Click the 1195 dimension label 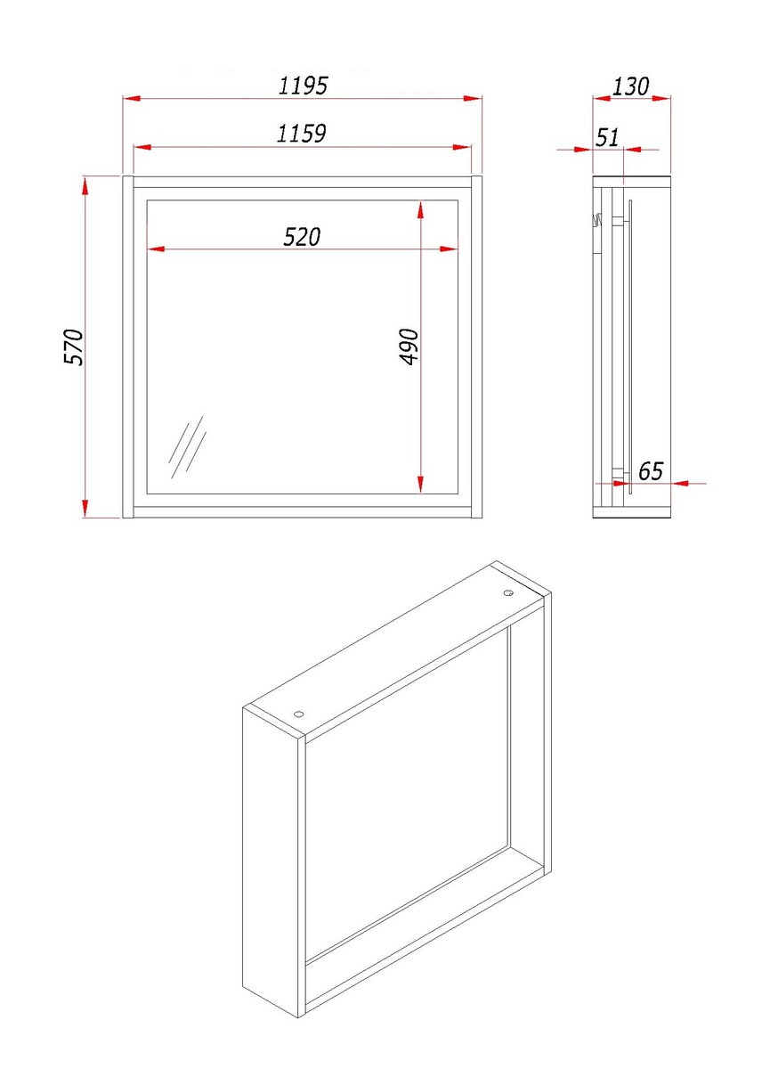[303, 86]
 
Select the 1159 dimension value [302, 134]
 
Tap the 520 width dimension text [302, 237]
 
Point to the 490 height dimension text [409, 347]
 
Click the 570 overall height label [74, 347]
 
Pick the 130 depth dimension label [630, 86]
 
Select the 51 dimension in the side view [607, 137]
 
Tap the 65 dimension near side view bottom [651, 471]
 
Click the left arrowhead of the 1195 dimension [132, 98]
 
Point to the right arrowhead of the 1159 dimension [462, 148]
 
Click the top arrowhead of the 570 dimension [85, 185]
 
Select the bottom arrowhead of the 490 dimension [420, 484]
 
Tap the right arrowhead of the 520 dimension [449, 249]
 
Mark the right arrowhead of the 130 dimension [661, 98]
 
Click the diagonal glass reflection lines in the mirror [188, 446]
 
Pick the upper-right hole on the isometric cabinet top [509, 593]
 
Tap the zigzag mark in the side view [596, 221]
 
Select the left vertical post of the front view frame [128, 347]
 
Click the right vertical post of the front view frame [477, 347]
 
